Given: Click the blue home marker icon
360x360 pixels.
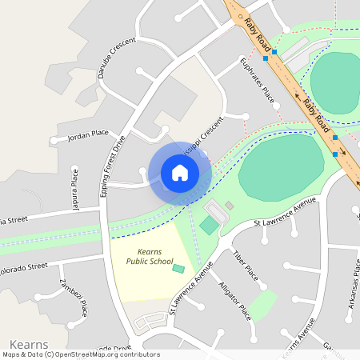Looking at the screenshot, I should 179,173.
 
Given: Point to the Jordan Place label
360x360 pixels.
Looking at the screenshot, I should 88,134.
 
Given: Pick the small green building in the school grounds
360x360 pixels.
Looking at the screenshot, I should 178,268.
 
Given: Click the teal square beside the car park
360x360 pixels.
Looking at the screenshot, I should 208,226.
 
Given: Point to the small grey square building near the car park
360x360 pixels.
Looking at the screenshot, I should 230,206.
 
